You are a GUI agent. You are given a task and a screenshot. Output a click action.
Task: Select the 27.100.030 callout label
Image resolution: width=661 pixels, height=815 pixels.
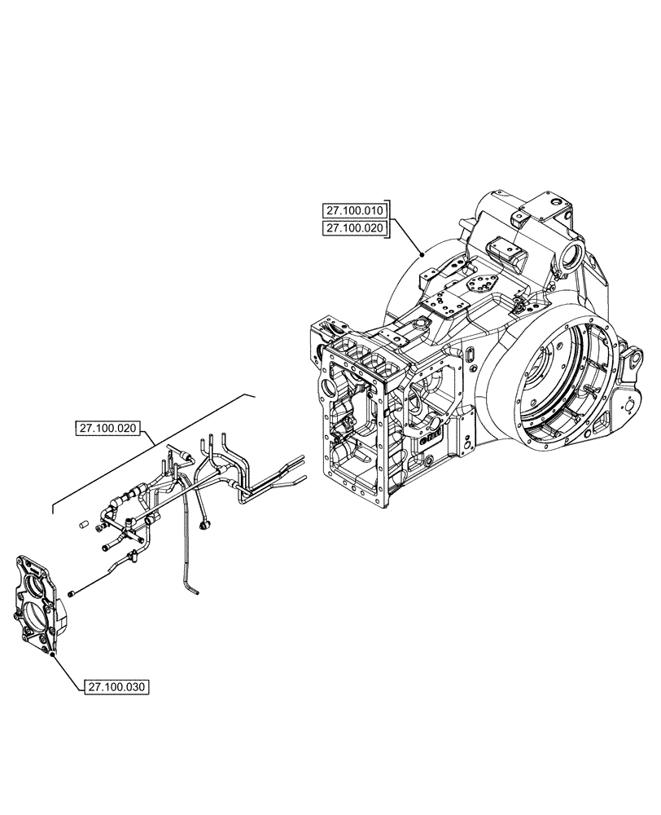click(116, 687)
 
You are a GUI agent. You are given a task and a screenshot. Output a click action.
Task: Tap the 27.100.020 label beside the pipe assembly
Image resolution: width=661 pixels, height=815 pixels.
click(110, 427)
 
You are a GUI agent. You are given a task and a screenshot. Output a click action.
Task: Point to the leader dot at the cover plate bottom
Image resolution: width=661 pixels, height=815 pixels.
click(53, 654)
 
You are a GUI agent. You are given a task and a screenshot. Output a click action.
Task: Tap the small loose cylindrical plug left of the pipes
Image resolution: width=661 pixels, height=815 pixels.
click(83, 526)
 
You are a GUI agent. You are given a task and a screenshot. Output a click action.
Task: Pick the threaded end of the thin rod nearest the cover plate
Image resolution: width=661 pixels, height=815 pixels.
click(72, 593)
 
